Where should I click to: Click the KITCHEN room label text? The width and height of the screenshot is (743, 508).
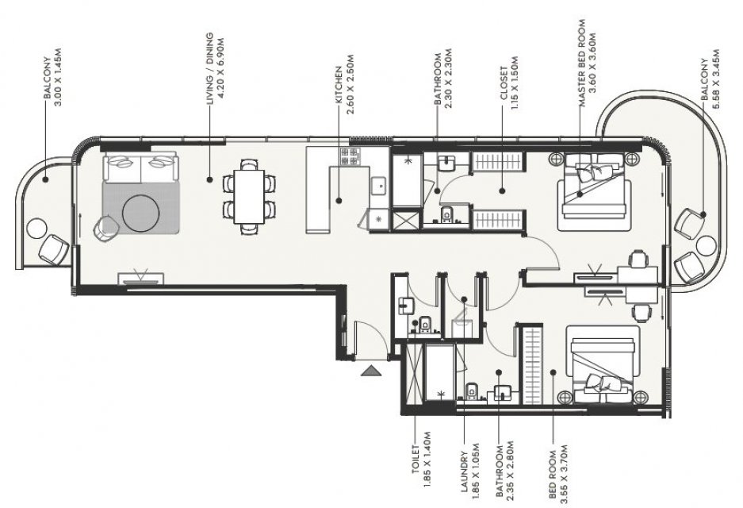point(339,84)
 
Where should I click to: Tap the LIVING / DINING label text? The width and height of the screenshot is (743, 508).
point(209,68)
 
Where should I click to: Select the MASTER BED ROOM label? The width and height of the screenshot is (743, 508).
point(581,63)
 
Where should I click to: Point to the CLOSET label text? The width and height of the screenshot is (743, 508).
point(504,83)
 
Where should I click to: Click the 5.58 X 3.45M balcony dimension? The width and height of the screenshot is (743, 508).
point(715,79)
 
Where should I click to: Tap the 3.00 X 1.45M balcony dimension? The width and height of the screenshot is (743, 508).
point(59,77)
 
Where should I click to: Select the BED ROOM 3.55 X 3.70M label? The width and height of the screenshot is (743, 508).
point(557,473)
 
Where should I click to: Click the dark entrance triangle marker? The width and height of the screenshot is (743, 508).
point(371,371)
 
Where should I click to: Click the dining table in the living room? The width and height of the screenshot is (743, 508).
point(249,196)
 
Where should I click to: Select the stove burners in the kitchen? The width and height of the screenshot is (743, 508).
point(350,156)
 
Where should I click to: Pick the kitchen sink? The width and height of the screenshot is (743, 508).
point(378,187)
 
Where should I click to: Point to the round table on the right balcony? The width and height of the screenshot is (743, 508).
point(706,246)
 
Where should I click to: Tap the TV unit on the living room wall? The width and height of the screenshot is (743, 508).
point(140,278)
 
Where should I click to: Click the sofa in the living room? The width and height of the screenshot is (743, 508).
point(140,168)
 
